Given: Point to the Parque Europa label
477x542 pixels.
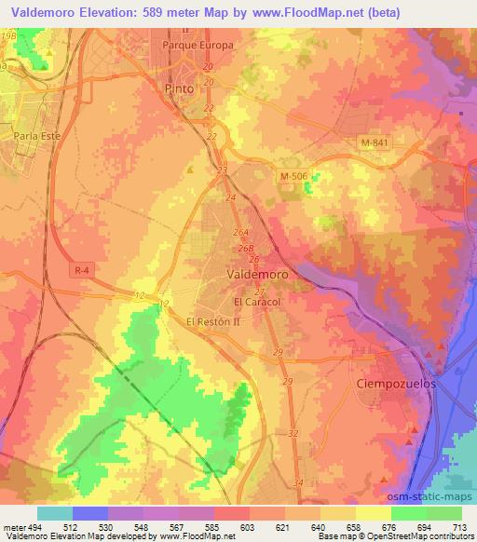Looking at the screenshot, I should tap(197, 45).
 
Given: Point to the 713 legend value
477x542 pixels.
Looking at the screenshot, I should tap(460, 526).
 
